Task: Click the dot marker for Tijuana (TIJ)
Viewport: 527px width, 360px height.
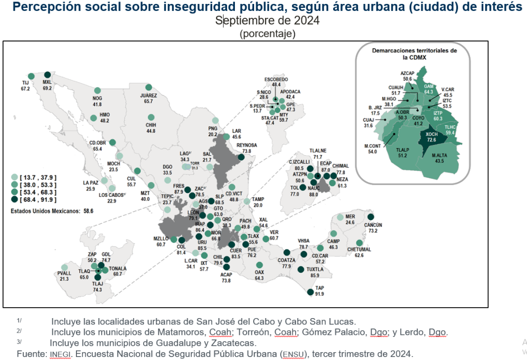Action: click(31, 76)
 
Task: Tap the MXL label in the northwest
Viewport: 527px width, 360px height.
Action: click(47, 82)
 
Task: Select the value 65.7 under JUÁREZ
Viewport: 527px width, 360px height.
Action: click(149, 101)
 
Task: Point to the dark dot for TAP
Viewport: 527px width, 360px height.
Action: click(310, 292)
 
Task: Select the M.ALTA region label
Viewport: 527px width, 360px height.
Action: click(440, 156)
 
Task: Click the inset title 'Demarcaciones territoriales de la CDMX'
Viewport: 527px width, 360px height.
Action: click(414, 54)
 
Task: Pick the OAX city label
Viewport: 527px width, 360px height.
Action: click(260, 272)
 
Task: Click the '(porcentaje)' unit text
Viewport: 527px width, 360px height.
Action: click(267, 34)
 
